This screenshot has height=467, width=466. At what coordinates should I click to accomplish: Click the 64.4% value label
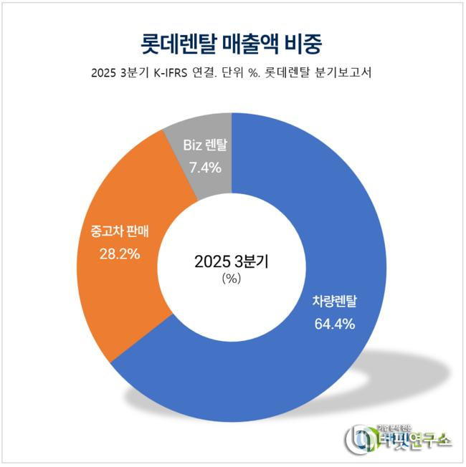[x=335, y=324]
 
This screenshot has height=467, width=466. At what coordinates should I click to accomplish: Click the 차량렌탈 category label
[x=334, y=301]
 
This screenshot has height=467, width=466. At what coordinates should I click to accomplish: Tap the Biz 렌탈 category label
[x=204, y=145]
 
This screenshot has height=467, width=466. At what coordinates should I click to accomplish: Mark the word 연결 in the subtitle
[x=222, y=73]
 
